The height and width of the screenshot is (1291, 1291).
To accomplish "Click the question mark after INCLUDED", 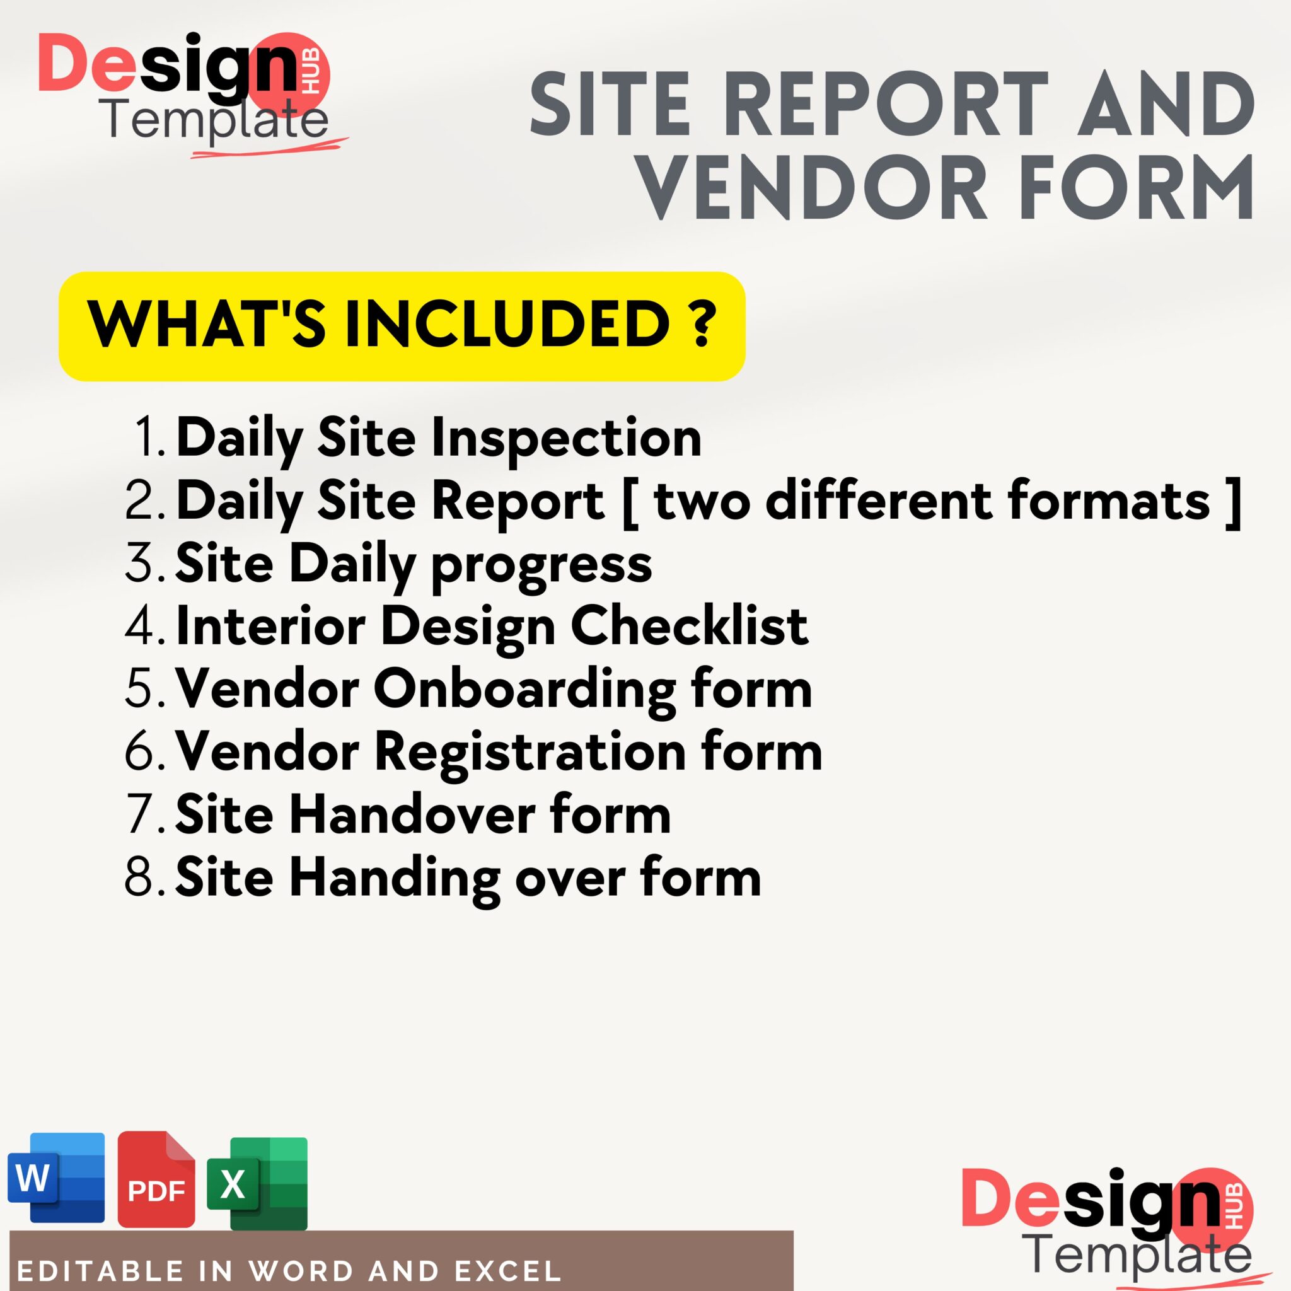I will pos(701,324).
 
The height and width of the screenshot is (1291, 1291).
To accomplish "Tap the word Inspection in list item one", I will pos(566,437).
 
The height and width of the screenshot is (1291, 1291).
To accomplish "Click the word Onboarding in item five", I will pos(525,689).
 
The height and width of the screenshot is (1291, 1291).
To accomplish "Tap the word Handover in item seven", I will pos(412,814).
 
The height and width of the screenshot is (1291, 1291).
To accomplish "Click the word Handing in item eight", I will pos(394,877).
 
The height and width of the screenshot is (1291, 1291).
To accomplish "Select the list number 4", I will pos(141,626).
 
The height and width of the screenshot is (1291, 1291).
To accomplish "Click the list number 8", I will pos(141,877).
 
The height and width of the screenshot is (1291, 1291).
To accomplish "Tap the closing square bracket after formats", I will pos(1234,501).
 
